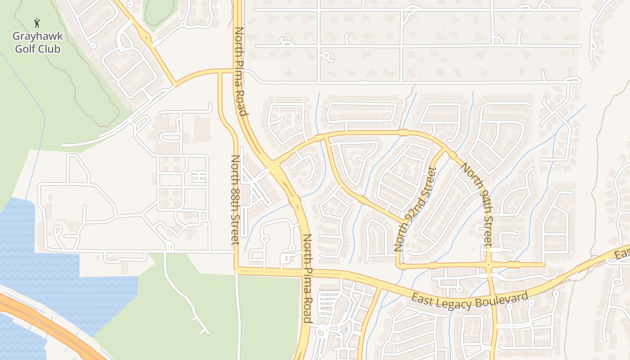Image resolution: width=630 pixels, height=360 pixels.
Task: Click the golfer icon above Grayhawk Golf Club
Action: coord(37,22)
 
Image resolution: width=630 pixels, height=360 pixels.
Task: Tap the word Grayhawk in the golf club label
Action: coord(37,36)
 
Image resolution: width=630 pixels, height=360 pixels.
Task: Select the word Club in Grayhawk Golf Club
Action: coord(49,49)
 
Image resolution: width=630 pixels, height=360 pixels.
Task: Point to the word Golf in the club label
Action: coord(25,49)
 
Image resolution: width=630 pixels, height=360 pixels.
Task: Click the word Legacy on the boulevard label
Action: coord(453,303)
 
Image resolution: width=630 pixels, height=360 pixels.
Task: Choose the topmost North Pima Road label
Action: coord(241,72)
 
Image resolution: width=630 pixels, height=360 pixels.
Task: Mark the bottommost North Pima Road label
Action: coord(307,278)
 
